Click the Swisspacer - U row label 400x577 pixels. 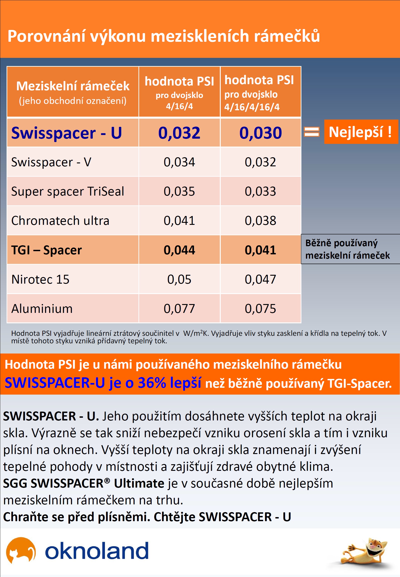click(66, 133)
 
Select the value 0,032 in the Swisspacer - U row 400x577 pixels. click(179, 133)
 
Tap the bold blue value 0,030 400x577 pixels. click(260, 133)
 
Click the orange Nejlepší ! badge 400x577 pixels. click(361, 132)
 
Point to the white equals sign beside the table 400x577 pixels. click(312, 132)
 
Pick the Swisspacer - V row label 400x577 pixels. click(51, 162)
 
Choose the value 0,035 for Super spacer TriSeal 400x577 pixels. click(179, 192)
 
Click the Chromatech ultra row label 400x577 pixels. click(60, 221)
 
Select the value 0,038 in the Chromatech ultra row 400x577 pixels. click(260, 221)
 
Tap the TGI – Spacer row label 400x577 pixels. click(47, 250)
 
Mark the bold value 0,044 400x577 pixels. click(179, 250)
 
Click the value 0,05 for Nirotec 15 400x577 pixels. click(179, 280)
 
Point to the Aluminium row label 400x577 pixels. click(42, 309)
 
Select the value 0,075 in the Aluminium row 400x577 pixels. click(260, 309)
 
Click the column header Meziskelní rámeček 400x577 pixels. click(73, 86)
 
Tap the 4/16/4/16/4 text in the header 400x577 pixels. click(252, 107)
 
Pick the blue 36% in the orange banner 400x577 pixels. click(152, 383)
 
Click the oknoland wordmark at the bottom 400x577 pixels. click(97, 551)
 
